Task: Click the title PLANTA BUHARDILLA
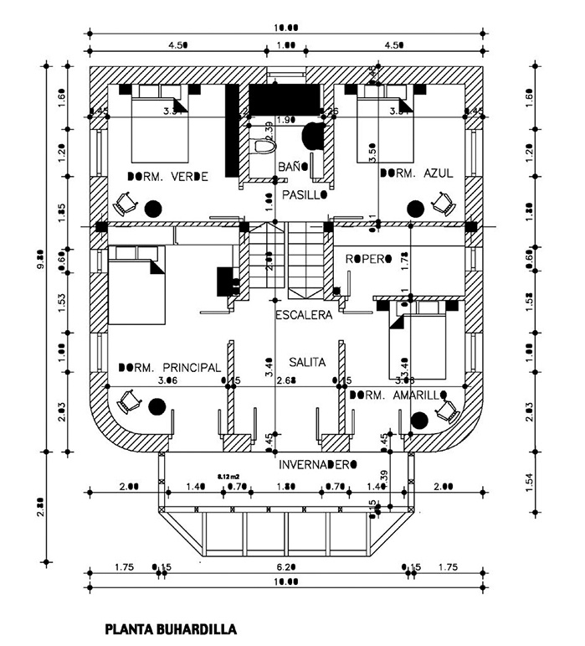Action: tap(170, 627)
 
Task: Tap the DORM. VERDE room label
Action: tap(167, 176)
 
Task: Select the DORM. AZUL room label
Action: tap(417, 173)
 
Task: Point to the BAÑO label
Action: tap(294, 167)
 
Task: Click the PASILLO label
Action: tap(303, 194)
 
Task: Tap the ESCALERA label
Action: tap(304, 316)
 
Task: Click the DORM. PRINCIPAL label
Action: tap(170, 368)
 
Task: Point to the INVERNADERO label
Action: tap(319, 463)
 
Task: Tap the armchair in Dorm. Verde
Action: tap(126, 202)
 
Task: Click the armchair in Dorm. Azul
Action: tap(441, 202)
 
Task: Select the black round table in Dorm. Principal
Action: tap(157, 407)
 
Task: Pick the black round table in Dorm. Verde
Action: tap(152, 208)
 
